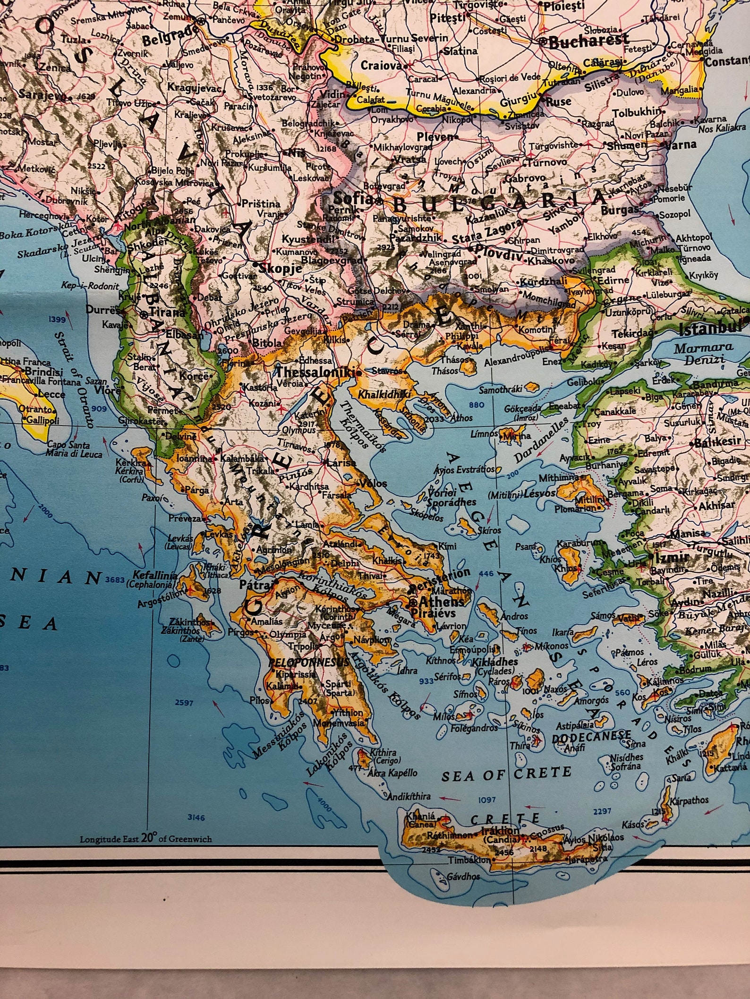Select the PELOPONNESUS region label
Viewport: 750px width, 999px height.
pos(308,662)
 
